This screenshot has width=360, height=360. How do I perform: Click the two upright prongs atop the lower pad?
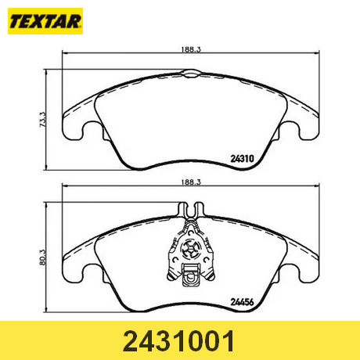pyautogui.click(x=190, y=209)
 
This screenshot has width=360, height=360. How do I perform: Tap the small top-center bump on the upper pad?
pyautogui.click(x=190, y=74)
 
